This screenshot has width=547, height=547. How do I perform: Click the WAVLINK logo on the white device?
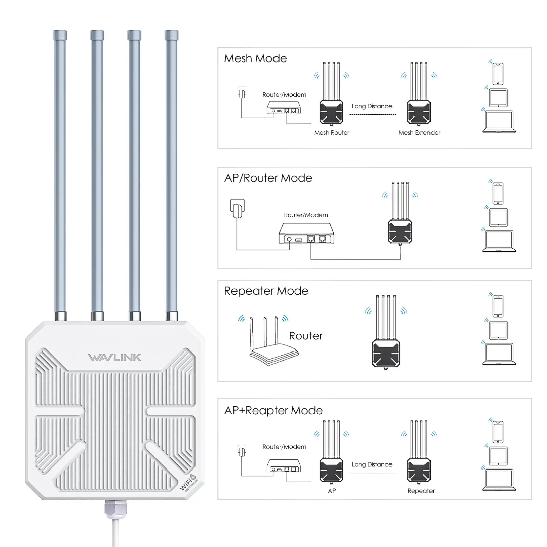pos(114,358)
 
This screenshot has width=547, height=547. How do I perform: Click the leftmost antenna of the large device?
pos(60,172)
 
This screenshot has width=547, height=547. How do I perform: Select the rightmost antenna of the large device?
pos(172,172)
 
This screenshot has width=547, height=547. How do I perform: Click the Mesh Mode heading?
pos(255,59)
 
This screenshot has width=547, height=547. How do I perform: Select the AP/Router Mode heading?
pos(268,178)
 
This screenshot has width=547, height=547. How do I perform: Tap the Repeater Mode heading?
pos(266,291)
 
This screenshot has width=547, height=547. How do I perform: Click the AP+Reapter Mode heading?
pos(273,410)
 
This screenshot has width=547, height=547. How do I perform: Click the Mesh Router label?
pos(332,133)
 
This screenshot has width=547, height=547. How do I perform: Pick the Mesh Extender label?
pos(419,133)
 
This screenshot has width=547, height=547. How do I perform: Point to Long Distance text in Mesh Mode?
pos(372,106)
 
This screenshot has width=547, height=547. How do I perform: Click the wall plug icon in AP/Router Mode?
pos(237,209)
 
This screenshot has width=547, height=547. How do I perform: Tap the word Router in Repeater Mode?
pos(305,336)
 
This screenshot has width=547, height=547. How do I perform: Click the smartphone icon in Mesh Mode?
pos(498,74)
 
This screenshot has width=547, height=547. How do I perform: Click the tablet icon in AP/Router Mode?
pos(498,217)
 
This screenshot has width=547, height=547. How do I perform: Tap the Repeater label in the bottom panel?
pos(421,491)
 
